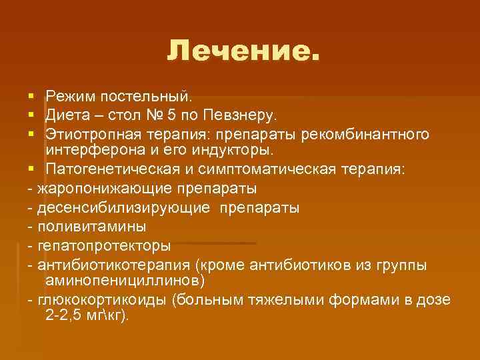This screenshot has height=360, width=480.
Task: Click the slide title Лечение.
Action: coord(243,50)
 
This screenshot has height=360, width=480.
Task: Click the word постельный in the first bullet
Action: coord(146,98)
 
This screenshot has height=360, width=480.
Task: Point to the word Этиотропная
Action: coord(91,135)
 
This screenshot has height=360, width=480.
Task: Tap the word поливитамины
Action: coord(87,226)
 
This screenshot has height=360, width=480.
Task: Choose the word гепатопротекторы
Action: coord(99,245)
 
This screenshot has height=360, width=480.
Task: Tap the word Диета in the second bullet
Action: coord(65,117)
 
